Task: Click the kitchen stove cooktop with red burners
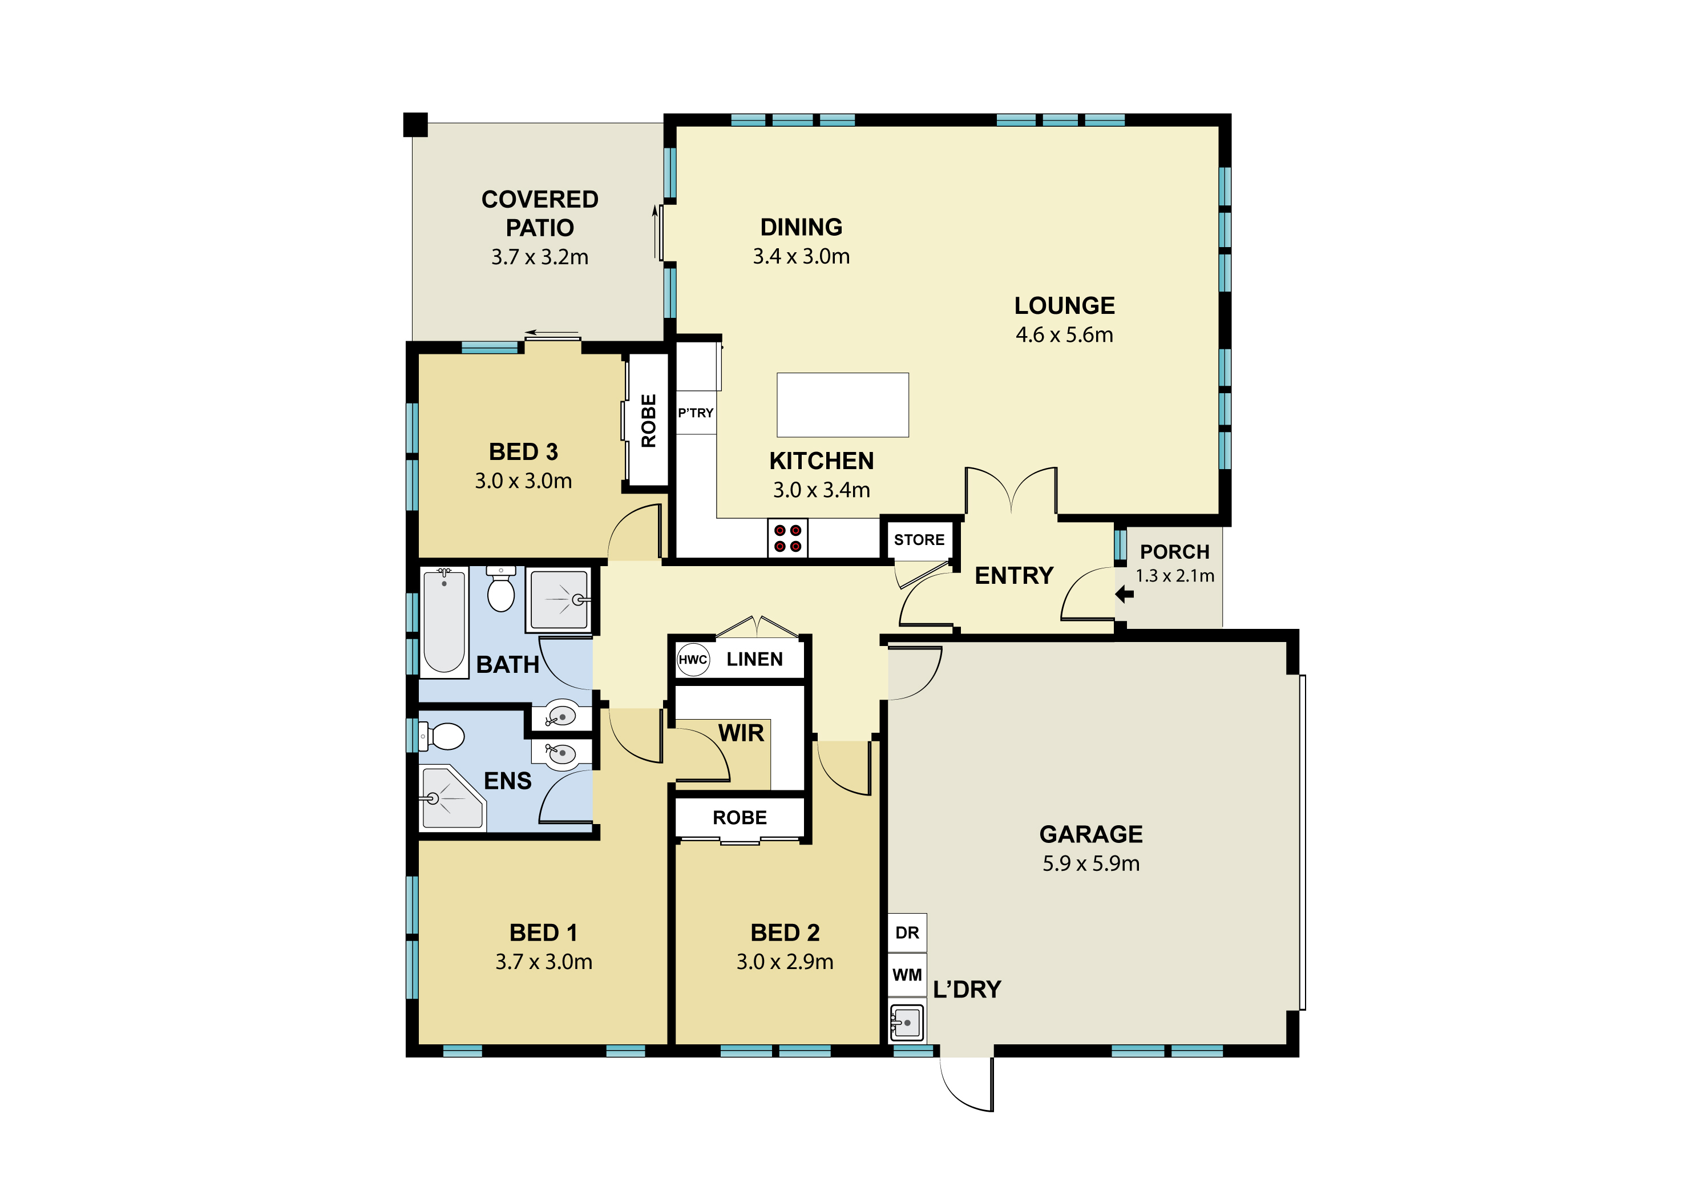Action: [x=787, y=538]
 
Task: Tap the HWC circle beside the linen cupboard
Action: [x=693, y=659]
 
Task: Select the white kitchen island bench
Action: [x=842, y=405]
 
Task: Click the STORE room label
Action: [x=919, y=540]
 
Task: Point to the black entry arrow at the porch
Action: [x=1125, y=594]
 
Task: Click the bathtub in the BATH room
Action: [x=444, y=621]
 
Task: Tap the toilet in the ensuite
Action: [x=443, y=736]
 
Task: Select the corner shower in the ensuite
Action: [x=452, y=797]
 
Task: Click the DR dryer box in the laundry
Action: [x=907, y=932]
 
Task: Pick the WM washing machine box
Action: [x=907, y=975]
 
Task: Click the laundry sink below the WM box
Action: [x=907, y=1022]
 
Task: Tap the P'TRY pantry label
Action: [x=696, y=413]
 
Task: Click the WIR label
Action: [x=741, y=733]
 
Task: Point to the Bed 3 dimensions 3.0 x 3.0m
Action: [x=523, y=481]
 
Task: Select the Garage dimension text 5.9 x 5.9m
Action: [x=1091, y=864]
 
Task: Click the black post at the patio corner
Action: [x=415, y=124]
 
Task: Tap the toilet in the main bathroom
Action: [x=501, y=590]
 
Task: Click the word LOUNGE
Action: [x=1065, y=306]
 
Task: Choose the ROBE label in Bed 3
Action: [x=648, y=421]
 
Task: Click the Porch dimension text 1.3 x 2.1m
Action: [x=1175, y=576]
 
